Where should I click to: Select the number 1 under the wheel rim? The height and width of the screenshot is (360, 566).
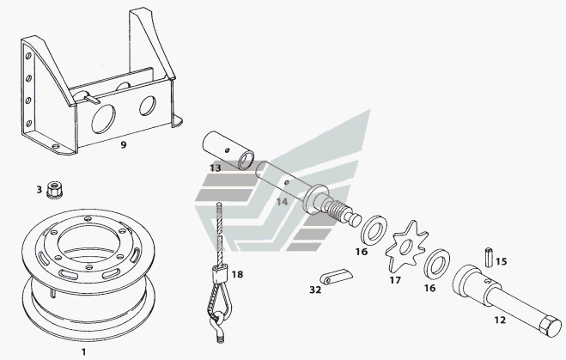coord(83,351)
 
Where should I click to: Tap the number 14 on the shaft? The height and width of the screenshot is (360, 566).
coord(283,203)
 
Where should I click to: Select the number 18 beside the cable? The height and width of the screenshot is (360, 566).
coord(237,274)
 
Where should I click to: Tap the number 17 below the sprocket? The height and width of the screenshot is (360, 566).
coord(395,279)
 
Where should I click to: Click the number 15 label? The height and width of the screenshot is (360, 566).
coord(502,261)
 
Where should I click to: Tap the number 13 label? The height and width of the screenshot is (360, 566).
coord(215,168)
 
